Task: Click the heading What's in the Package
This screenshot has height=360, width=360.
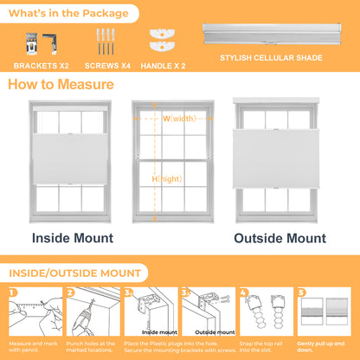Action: click(68, 13)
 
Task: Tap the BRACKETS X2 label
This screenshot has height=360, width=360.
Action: click(42, 66)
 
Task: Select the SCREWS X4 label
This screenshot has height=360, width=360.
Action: click(107, 66)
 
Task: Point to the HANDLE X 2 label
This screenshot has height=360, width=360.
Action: click(163, 66)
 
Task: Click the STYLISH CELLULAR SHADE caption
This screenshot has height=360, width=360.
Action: click(271, 58)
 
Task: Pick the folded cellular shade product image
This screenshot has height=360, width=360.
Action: click(272, 34)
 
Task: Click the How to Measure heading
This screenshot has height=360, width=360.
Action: click(61, 85)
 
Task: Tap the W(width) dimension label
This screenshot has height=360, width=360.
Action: click(179, 119)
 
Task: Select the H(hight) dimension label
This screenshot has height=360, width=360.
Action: click(167, 179)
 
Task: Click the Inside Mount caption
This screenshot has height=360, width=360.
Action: click(73, 238)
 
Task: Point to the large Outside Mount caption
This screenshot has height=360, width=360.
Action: click(280, 238)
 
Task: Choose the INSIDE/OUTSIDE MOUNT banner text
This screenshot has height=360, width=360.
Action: click(75, 273)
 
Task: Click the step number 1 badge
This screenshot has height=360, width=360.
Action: click(13, 292)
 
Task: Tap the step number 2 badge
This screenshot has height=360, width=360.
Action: click(70, 292)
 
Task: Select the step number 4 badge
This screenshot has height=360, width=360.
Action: click(244, 292)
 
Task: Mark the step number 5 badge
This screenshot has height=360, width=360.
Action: click(301, 292)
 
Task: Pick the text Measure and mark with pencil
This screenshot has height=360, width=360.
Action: click(33, 347)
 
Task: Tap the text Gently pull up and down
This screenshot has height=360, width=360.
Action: click(321, 347)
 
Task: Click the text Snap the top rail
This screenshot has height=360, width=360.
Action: click(260, 344)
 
